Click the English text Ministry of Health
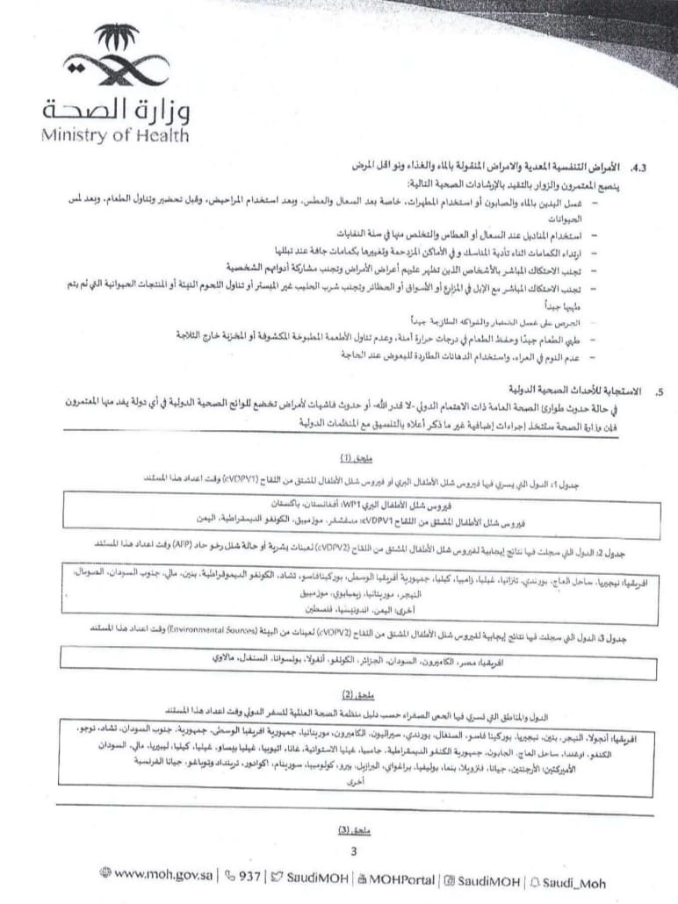[114, 135]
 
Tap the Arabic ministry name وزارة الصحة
[115, 110]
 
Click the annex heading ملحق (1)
[357, 458]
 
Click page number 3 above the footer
[352, 850]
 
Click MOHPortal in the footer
[395, 877]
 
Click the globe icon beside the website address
[106, 874]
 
